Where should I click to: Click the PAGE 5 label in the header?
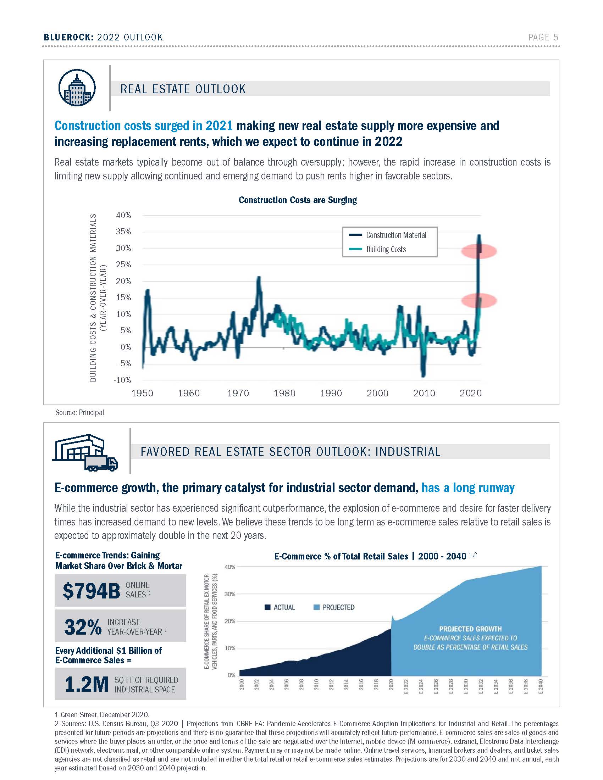543,37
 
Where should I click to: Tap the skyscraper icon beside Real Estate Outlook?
77,88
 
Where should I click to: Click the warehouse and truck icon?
85,453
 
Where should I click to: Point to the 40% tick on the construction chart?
123,215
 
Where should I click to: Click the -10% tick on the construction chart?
122,380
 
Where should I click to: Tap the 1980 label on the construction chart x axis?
284,393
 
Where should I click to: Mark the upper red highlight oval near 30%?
479,251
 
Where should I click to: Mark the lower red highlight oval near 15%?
479,301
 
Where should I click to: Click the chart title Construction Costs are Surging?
298,200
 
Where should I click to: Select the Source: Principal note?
79,412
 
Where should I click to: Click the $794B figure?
92,591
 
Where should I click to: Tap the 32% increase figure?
83,627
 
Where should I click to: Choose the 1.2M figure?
87,684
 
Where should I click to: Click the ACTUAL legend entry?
280,607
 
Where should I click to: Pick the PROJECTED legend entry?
334,607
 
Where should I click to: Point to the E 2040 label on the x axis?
541,687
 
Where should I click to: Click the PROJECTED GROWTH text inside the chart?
470,629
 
